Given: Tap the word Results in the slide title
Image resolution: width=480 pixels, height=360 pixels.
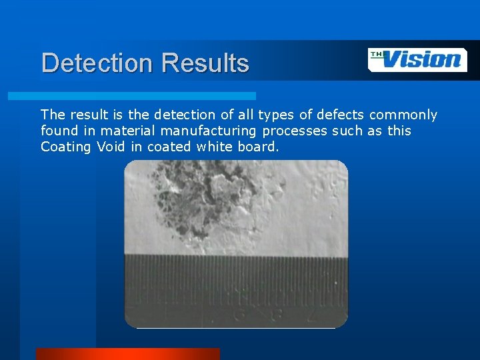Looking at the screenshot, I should pos(205,63).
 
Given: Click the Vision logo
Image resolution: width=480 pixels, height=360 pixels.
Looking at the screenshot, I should pos(417,60).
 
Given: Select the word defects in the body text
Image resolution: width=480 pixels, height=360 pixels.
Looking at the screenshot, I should pos(340,115).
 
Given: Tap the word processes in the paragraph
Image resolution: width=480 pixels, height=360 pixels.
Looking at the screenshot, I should pos(295,131).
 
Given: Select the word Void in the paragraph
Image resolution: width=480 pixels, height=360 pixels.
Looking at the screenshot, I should pos(111,147).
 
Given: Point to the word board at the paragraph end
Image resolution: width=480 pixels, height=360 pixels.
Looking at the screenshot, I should pos(256,147).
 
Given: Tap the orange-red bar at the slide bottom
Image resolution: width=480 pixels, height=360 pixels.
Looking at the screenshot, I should pos(127,354).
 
